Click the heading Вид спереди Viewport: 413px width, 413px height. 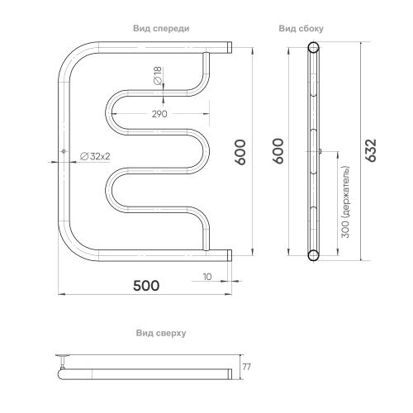(161, 29)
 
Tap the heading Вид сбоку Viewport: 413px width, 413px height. (301, 29)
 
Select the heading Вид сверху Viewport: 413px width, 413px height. (161, 333)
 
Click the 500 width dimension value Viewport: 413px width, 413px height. (146, 286)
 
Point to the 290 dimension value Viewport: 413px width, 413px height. (159, 114)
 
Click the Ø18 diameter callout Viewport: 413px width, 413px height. (158, 76)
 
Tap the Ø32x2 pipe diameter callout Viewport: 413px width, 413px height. (95, 156)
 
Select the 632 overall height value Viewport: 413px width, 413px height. (371, 150)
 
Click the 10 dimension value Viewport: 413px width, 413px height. (207, 277)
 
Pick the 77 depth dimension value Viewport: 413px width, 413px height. (247, 367)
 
